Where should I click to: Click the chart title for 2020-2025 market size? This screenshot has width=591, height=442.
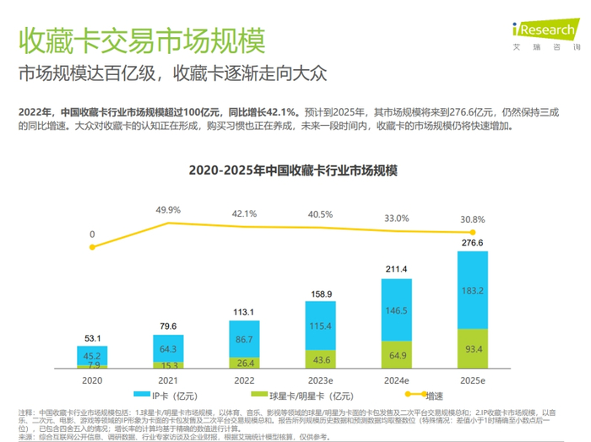(295, 169)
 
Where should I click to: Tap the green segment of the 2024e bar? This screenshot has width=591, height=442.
(402, 354)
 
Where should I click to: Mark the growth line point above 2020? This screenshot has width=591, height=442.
(93, 246)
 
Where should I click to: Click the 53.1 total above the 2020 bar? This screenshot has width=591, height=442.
(93, 338)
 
